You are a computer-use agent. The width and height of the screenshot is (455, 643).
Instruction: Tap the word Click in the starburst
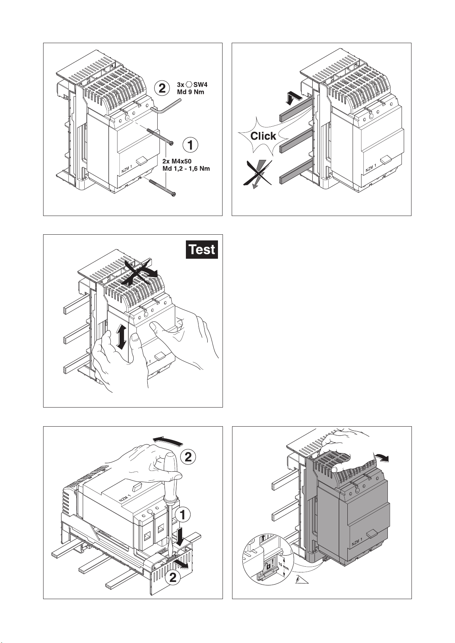pyautogui.click(x=263, y=136)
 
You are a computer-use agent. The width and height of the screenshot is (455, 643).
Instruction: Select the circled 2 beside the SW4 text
pyautogui.click(x=162, y=88)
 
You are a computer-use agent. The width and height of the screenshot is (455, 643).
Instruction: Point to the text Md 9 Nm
pyautogui.click(x=190, y=92)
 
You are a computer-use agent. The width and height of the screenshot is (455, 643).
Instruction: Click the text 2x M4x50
pyautogui.click(x=177, y=162)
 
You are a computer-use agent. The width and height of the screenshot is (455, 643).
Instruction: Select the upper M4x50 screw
pyautogui.click(x=160, y=136)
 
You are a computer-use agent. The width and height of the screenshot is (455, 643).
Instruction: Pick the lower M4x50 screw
pyautogui.click(x=162, y=187)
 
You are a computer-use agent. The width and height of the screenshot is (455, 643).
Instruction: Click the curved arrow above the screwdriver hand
pyautogui.click(x=168, y=440)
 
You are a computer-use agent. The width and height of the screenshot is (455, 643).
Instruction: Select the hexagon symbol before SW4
pyautogui.click(x=189, y=85)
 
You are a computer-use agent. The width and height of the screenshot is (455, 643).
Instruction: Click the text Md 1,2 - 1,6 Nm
pyautogui.click(x=186, y=169)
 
